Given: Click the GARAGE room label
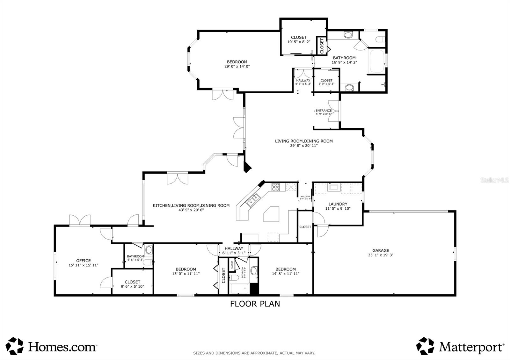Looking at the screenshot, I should pyautogui.click(x=381, y=250).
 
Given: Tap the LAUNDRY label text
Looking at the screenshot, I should pyautogui.click(x=338, y=204).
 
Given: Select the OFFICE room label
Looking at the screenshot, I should pyautogui.click(x=83, y=261).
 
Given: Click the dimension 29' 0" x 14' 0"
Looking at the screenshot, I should pyautogui.click(x=237, y=67).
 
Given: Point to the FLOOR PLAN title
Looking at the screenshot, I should pyautogui.click(x=255, y=304).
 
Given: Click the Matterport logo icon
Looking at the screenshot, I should pyautogui.click(x=425, y=346).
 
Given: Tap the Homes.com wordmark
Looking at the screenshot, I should pyautogui.click(x=62, y=347).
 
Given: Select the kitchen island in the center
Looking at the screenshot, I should pyautogui.click(x=272, y=214).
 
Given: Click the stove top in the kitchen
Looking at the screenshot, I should pyautogui.click(x=276, y=187).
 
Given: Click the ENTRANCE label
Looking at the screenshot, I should pyautogui.click(x=324, y=111).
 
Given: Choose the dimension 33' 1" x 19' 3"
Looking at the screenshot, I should pyautogui.click(x=381, y=255).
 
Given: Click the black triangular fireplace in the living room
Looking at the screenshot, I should pyautogui.click(x=247, y=167).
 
